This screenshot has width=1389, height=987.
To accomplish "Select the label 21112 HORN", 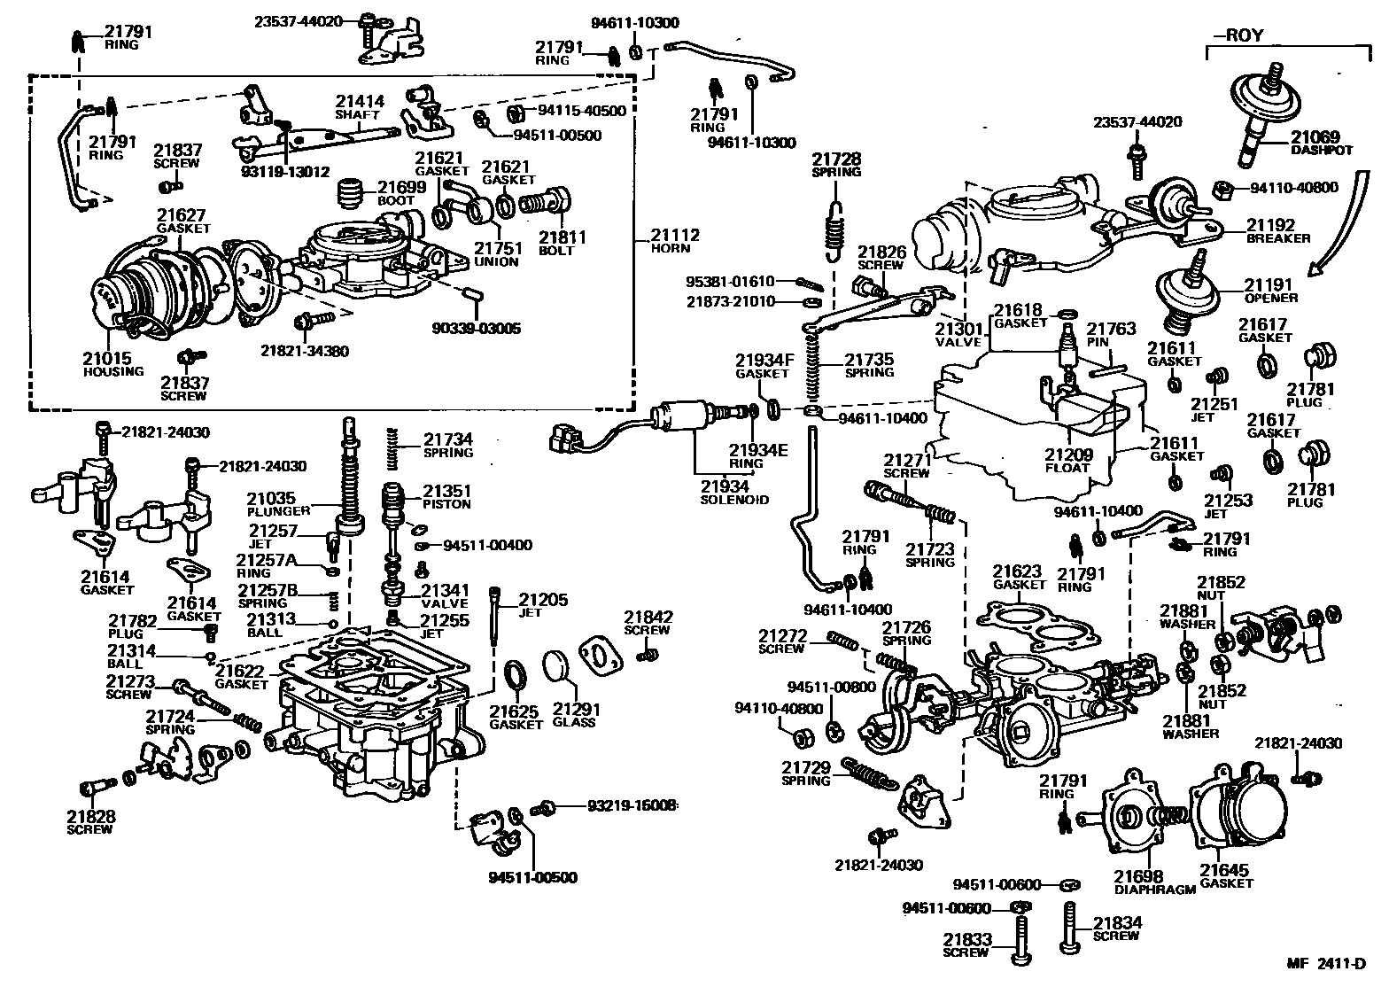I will click(x=675, y=242).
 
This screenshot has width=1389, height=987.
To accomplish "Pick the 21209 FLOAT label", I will click(x=1067, y=461).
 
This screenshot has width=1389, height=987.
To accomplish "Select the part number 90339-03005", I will click(x=477, y=329).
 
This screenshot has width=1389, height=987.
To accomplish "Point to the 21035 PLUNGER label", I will click(x=277, y=504).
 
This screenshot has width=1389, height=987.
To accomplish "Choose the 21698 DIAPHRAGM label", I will click(x=1154, y=882).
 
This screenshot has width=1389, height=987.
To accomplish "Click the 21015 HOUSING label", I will click(x=113, y=364).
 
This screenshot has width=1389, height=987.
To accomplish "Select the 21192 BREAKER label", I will click(x=1276, y=231).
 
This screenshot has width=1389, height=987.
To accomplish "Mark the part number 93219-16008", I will click(x=631, y=805).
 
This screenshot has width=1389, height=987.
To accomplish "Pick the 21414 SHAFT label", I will click(x=359, y=107).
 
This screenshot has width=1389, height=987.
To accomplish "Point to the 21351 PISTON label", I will click(x=446, y=496).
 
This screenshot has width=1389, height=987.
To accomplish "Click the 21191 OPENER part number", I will click(x=1269, y=284).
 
